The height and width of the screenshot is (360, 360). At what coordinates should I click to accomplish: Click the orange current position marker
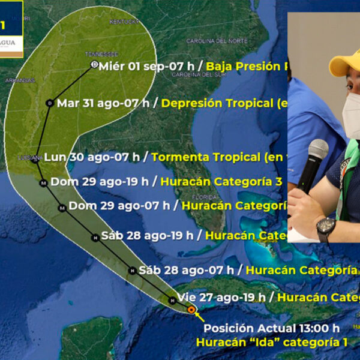point(191,310)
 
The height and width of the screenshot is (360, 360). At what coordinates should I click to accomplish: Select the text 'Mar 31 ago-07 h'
point(103,103)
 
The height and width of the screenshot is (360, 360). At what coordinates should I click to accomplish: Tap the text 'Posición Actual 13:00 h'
point(272,328)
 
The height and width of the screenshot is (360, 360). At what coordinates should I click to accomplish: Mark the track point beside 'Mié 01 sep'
point(94,64)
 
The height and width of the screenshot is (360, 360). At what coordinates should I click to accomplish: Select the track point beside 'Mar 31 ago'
point(50,103)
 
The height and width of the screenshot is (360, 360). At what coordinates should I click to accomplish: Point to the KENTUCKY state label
point(124,22)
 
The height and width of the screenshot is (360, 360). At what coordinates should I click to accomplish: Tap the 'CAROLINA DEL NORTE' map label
point(217,41)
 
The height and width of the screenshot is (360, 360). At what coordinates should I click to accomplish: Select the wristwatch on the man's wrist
point(326,229)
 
